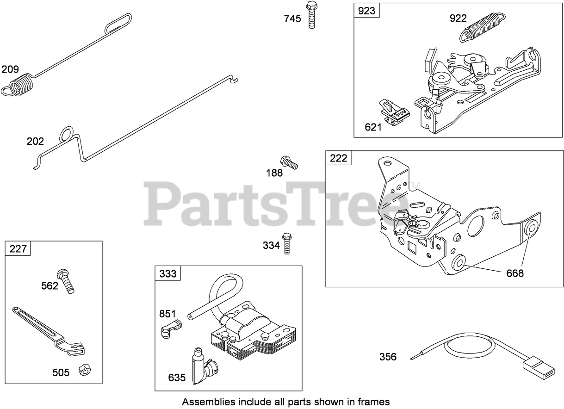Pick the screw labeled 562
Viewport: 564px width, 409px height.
66,280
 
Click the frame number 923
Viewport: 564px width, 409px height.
366,11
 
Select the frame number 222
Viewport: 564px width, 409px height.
338,158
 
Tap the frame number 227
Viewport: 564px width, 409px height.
18,249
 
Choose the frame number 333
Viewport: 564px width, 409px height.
167,274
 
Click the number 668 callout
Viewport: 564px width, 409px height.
514,273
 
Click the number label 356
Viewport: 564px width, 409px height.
388,357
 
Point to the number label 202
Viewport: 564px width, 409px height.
35,141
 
